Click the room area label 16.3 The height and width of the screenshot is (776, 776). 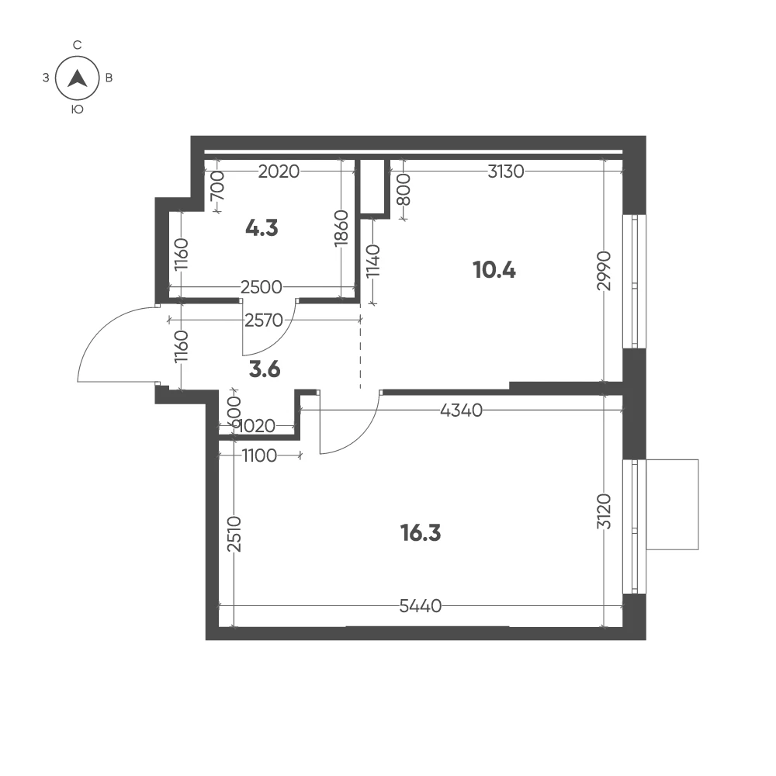[x=421, y=533]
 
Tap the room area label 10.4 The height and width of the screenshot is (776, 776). [x=494, y=270]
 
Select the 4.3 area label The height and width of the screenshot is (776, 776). [x=262, y=228]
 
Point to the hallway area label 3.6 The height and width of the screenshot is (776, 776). [x=265, y=369]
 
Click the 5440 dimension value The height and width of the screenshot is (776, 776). [x=420, y=606]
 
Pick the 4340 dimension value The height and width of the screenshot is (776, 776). [x=461, y=411]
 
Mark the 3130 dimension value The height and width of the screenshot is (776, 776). [x=505, y=171]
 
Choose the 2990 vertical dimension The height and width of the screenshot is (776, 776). [x=605, y=271]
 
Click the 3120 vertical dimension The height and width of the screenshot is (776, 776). [x=605, y=511]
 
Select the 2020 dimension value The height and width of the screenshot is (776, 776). [x=279, y=171]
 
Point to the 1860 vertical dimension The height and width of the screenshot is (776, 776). [x=341, y=227]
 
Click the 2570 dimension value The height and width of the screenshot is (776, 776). [x=264, y=320]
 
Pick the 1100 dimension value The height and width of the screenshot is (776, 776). [x=259, y=456]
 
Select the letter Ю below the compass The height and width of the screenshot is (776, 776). [x=77, y=109]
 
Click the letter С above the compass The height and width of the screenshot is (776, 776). [x=77, y=45]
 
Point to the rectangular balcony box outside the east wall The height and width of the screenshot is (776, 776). [x=672, y=504]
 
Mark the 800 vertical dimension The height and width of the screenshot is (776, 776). [x=404, y=189]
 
